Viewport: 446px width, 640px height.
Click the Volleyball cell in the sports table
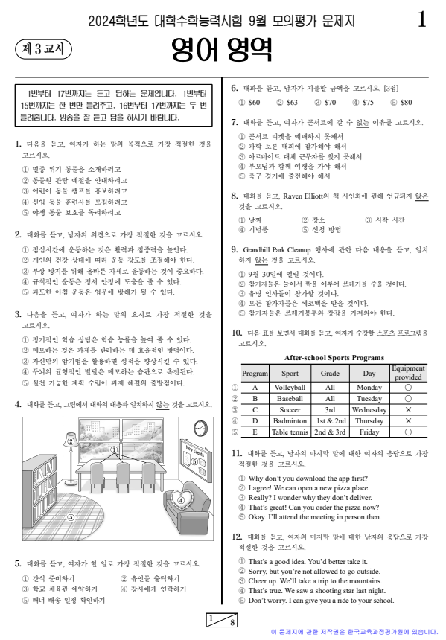[x=290, y=388]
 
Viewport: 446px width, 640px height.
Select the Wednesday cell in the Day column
[x=369, y=409]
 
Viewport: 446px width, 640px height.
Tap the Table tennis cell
[x=290, y=432]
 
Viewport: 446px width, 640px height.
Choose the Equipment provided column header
[x=407, y=372]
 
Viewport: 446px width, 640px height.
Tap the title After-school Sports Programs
[x=330, y=357]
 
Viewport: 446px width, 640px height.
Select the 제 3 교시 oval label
[x=42, y=49]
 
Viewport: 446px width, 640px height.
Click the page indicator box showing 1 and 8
[x=222, y=621]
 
